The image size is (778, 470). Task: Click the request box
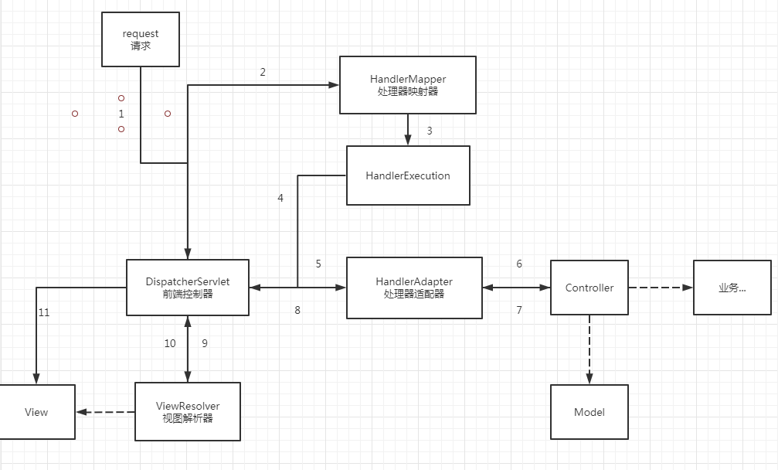[141, 39]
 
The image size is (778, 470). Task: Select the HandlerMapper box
[408, 85]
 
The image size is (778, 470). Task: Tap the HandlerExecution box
[408, 175]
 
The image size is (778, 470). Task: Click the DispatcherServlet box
[188, 288]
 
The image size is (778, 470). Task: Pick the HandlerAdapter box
[414, 288]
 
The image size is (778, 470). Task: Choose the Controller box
[589, 288]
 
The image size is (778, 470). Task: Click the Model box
[589, 412]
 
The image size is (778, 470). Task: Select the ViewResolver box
[188, 411]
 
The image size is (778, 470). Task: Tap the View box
[36, 412]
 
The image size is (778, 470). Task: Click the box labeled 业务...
[732, 288]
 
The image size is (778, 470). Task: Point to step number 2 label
[263, 73]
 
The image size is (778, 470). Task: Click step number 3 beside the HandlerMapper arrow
[430, 131]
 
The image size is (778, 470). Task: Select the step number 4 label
[280, 198]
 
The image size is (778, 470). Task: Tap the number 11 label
[44, 313]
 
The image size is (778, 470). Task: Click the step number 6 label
[519, 264]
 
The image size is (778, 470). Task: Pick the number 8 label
[297, 310]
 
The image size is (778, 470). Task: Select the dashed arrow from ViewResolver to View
[105, 412]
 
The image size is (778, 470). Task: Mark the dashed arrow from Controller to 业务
[661, 288]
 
